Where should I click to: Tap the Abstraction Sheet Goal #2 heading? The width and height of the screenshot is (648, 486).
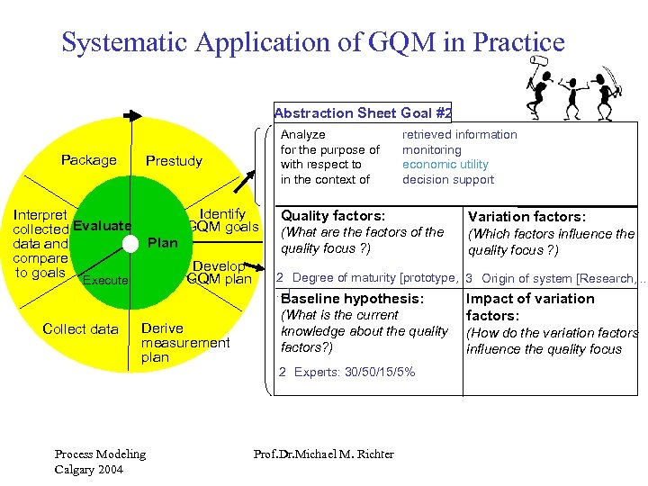pos(362,113)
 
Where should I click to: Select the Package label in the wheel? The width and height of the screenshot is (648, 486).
pos(88,160)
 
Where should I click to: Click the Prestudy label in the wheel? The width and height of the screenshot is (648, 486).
pos(174,161)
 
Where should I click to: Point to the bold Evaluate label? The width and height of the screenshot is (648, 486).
pos(102,225)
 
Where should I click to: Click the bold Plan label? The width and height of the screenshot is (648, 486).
pos(162,243)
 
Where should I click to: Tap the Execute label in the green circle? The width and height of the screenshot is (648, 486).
pos(104,281)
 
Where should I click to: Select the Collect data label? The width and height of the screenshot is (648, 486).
pos(80,328)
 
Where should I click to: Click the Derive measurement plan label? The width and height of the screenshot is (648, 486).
pos(184,343)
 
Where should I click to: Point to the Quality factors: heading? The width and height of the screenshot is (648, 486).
pos(333,216)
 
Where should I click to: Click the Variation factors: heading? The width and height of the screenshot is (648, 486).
pos(526,217)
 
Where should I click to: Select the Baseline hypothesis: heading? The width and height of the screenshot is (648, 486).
pos(352,299)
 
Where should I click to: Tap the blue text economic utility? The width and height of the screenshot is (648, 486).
pos(445,165)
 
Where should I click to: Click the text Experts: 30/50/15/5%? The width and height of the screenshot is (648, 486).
pos(354,372)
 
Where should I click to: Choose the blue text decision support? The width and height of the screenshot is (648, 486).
pos(447,180)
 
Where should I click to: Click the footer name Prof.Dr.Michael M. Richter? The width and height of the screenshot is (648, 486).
pos(324,454)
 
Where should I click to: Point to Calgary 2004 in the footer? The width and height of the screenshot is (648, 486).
pos(89,469)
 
